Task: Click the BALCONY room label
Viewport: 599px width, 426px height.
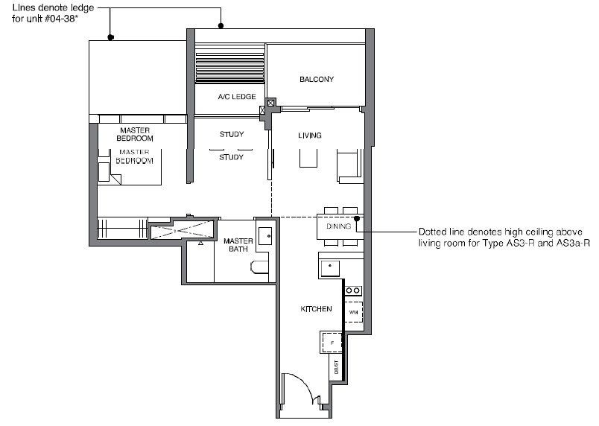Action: click(317, 80)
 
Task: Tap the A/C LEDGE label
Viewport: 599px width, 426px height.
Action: click(237, 97)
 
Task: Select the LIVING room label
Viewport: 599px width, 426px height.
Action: click(309, 135)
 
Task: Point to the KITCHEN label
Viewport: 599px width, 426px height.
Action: click(316, 309)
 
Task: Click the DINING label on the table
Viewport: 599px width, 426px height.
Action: click(338, 226)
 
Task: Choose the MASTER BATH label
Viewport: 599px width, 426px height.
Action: click(238, 245)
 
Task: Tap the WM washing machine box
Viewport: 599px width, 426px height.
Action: click(353, 312)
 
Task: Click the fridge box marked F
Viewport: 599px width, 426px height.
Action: click(332, 343)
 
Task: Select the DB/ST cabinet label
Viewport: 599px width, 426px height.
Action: click(336, 367)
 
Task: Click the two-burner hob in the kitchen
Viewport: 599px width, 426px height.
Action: click(353, 290)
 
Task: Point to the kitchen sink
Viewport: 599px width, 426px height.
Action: click(330, 268)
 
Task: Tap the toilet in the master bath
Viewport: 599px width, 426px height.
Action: click(260, 267)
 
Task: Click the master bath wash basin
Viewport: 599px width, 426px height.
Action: click(265, 236)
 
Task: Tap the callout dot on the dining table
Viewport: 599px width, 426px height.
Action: click(356, 218)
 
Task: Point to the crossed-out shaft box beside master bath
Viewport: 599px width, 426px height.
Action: click(183, 229)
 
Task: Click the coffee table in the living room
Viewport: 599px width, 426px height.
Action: click(308, 158)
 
